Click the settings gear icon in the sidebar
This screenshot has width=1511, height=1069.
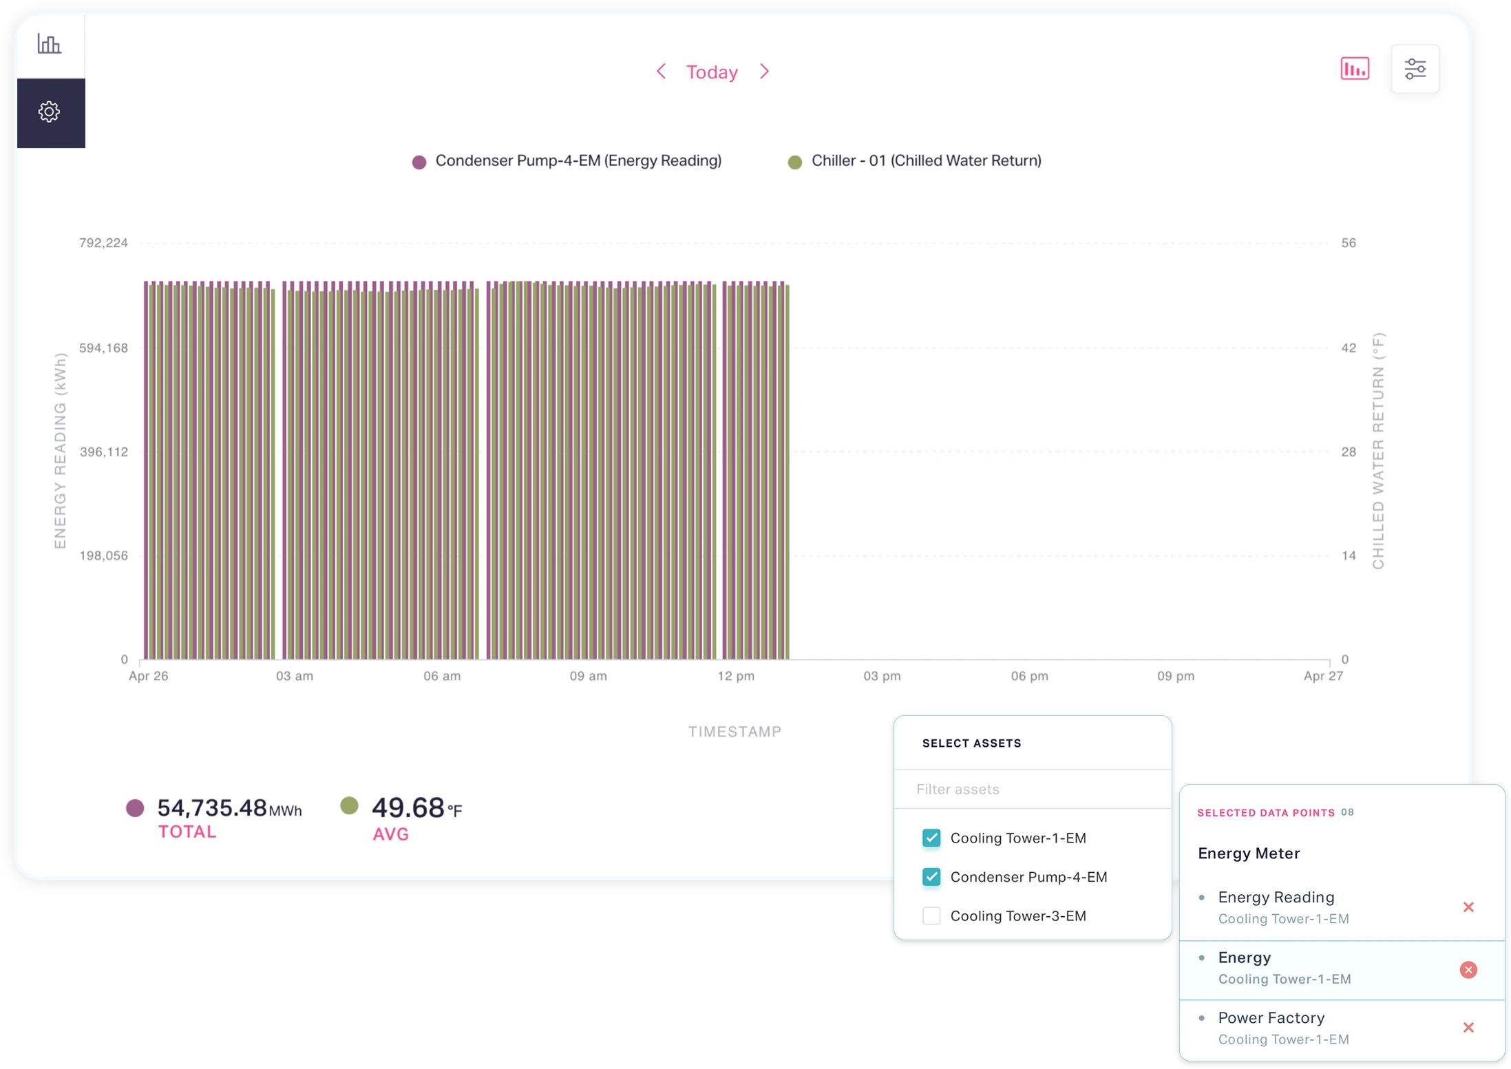click(50, 112)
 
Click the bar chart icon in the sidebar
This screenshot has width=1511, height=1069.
click(49, 44)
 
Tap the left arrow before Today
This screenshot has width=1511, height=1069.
click(661, 72)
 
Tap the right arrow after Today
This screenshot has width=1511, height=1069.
click(764, 72)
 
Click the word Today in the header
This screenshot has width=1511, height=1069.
click(712, 72)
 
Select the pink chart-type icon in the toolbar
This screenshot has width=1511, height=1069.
click(1354, 69)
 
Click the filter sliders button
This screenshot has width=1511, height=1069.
click(1415, 69)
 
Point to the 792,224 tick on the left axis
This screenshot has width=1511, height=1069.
click(103, 243)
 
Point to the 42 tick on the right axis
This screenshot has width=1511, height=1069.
click(1348, 348)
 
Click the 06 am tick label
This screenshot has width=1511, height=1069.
click(442, 676)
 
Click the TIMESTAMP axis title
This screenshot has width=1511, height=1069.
click(735, 732)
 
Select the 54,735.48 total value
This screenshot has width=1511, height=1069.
click(211, 807)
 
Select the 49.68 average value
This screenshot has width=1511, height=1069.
click(408, 807)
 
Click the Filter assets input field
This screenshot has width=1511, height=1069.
click(1033, 789)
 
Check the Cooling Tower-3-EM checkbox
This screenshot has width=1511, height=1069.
click(931, 915)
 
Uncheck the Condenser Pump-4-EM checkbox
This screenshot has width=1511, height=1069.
click(931, 877)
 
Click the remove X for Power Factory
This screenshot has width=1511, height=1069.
click(1468, 1028)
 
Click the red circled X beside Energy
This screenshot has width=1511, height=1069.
click(1468, 970)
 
